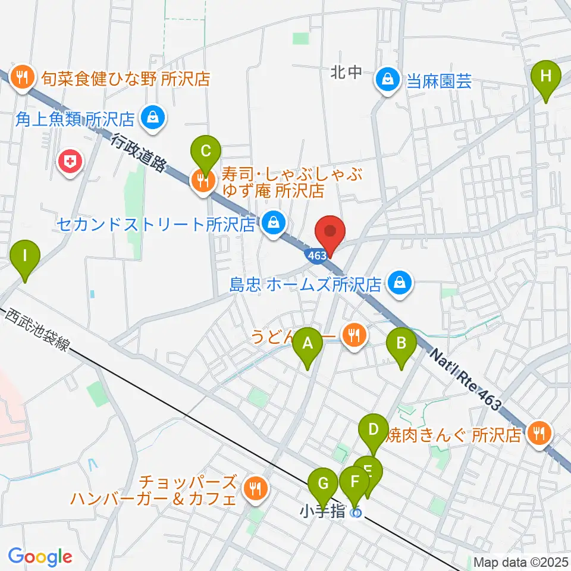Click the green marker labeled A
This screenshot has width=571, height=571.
308,343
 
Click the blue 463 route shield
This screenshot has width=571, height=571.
316,255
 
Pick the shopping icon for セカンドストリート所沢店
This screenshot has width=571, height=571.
274,224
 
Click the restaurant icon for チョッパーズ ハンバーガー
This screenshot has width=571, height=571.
256,490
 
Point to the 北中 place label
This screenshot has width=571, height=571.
346,73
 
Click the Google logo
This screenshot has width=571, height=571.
40,556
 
